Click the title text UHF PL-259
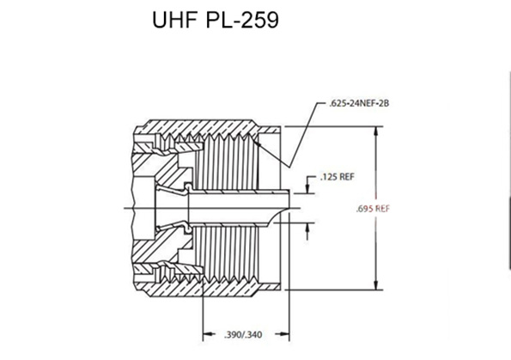[x=216, y=21]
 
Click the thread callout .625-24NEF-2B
[x=359, y=104]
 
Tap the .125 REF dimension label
[x=337, y=177]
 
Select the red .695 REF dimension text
[x=373, y=209]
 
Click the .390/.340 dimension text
[x=243, y=335]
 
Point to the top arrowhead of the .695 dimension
[x=376, y=131]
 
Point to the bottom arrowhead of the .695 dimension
[x=376, y=285]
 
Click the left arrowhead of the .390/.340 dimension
[x=209, y=334]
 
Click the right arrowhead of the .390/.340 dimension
[x=283, y=334]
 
